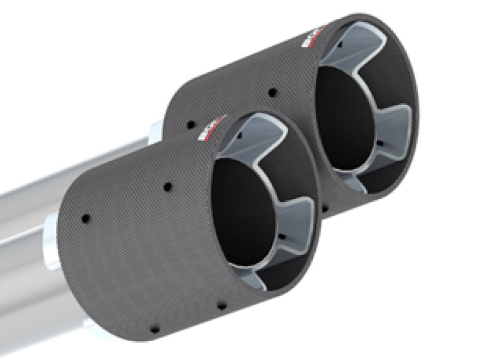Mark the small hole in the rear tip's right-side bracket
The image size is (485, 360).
click(380, 143)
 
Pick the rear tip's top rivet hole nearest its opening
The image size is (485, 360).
click(272, 92)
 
